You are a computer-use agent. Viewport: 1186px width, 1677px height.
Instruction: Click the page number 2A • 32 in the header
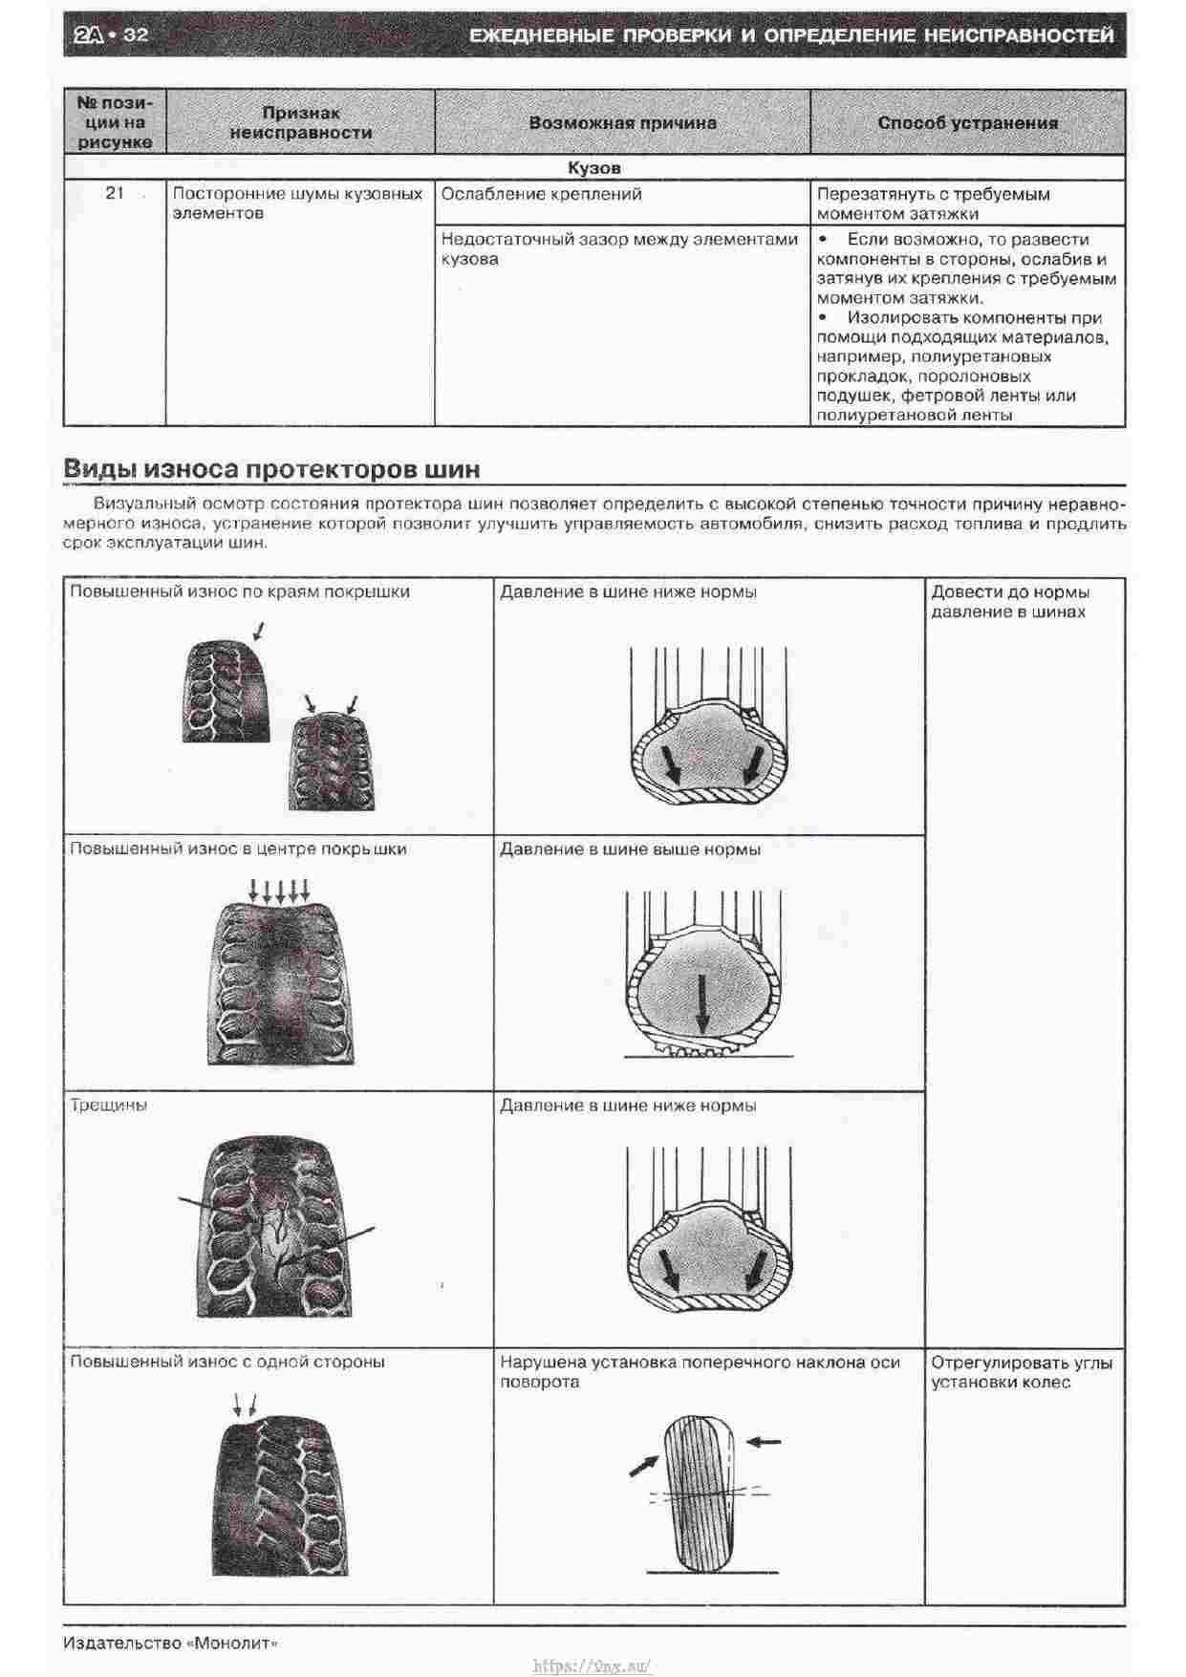tap(111, 34)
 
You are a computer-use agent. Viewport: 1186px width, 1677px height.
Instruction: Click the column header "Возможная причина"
tap(622, 122)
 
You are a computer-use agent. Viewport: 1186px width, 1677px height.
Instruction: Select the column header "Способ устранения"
tap(967, 122)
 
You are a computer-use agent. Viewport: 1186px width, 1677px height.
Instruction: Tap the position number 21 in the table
tap(115, 193)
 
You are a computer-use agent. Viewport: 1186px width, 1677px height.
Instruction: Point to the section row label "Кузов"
tap(593, 168)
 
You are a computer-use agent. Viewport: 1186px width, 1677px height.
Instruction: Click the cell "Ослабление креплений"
tap(541, 194)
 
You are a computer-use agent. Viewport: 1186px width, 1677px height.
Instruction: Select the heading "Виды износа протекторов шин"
tap(271, 469)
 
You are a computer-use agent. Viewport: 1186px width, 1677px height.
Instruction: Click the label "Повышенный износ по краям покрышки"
tap(240, 591)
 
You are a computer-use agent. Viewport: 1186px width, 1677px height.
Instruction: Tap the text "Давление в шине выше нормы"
tap(630, 849)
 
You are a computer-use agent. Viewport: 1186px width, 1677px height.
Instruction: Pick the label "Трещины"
tap(109, 1106)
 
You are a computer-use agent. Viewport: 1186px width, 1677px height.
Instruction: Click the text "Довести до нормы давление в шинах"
tap(1009, 602)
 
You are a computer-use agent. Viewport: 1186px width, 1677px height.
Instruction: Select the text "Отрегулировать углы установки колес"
tap(1021, 1372)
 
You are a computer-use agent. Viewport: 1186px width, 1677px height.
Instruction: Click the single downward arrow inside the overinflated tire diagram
tap(702, 1003)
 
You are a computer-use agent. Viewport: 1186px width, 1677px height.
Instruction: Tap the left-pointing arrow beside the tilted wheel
tap(764, 1441)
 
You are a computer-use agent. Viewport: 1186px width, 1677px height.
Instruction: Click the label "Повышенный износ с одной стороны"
tap(227, 1362)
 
